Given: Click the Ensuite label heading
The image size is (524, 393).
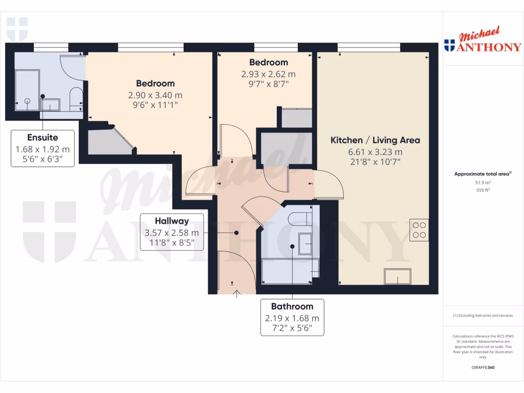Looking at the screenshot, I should [x=42, y=138].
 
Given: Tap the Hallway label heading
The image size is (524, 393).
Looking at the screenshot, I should [x=172, y=221].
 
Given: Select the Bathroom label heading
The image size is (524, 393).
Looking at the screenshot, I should [x=292, y=307].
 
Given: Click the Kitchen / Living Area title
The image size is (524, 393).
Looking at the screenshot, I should [x=375, y=140].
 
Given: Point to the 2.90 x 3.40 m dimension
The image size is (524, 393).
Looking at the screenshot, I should [x=155, y=95].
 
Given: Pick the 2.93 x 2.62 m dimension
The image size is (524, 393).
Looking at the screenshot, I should [x=269, y=74].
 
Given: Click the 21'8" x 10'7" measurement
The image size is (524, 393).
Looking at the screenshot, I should [x=375, y=162].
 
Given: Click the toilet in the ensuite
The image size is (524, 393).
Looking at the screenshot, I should [x=75, y=97].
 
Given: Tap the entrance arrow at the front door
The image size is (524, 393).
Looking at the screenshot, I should [x=237, y=294].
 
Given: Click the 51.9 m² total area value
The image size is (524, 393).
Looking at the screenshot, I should [x=483, y=182].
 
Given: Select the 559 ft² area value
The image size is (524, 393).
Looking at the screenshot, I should [x=483, y=190].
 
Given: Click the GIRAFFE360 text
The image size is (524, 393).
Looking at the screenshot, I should [x=483, y=367].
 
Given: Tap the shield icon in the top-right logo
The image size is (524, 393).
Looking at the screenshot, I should [x=449, y=46].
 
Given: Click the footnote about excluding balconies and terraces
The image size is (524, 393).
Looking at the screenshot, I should [x=483, y=316].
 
